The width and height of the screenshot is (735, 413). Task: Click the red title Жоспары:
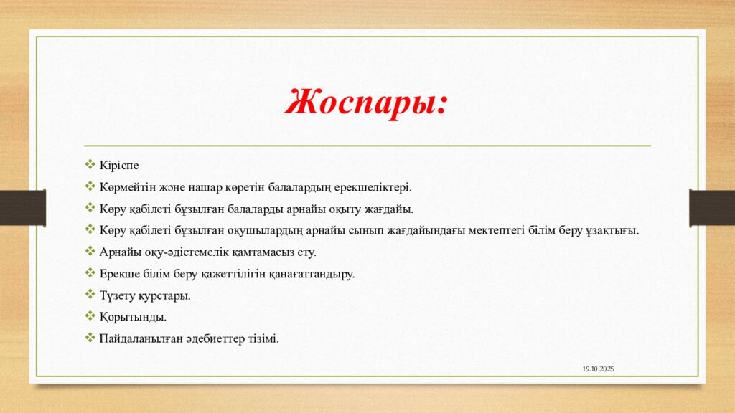coord(366,102)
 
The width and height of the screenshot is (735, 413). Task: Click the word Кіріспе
coord(119,166)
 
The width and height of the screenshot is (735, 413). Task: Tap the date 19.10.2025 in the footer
coord(598,369)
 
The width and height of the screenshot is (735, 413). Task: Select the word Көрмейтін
coord(128,187)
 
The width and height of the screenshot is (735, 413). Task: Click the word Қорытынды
coord(133,317)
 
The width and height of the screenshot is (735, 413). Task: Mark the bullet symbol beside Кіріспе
coord(90,164)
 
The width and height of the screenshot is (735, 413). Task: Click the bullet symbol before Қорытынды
coord(90,316)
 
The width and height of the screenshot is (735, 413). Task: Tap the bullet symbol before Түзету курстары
coord(90,295)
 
